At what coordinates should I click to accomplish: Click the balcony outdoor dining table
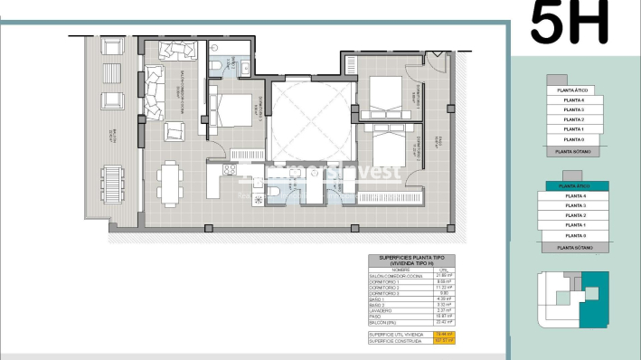[112, 185]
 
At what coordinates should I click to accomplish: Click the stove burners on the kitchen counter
[230, 169]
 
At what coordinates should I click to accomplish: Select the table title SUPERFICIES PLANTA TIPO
[410, 259]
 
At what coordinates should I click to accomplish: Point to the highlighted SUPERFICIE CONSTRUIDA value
[442, 341]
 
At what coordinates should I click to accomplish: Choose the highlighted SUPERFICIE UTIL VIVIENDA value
[442, 335]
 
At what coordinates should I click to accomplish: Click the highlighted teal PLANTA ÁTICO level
[575, 185]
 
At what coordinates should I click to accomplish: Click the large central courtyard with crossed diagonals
[306, 118]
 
